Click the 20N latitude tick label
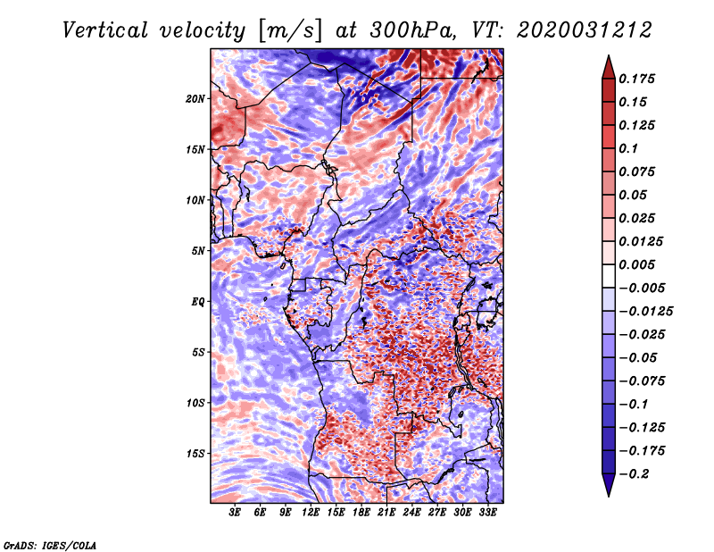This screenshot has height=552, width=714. pos(195,99)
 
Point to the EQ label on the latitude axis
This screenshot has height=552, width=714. pos(197,302)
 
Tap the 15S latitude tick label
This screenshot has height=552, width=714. pos(195,454)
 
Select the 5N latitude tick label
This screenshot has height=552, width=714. pos(198,251)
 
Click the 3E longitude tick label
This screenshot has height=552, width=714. pos(235,513)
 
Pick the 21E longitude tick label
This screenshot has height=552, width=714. pos(386,513)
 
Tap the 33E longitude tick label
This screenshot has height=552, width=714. pos(487,513)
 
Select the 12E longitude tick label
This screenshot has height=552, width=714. pos(310,513)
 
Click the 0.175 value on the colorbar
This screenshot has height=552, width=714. pos(636,79)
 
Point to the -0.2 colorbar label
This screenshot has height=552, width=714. pos(634,474)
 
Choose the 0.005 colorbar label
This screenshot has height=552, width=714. pos(636,264)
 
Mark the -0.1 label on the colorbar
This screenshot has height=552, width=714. pos(633,405)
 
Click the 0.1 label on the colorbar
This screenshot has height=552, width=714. pos(628,148)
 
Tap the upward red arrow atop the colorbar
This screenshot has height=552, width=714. pos(609,67)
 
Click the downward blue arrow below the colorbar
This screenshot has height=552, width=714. pos(609,485)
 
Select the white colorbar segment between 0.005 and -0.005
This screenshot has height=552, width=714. pos(609,276)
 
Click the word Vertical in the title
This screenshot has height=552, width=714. pos(105,30)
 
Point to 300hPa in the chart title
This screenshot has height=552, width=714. pos(413,30)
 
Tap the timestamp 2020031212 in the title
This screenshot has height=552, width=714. pos(585,30)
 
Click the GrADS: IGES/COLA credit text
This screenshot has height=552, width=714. pos(50,545)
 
